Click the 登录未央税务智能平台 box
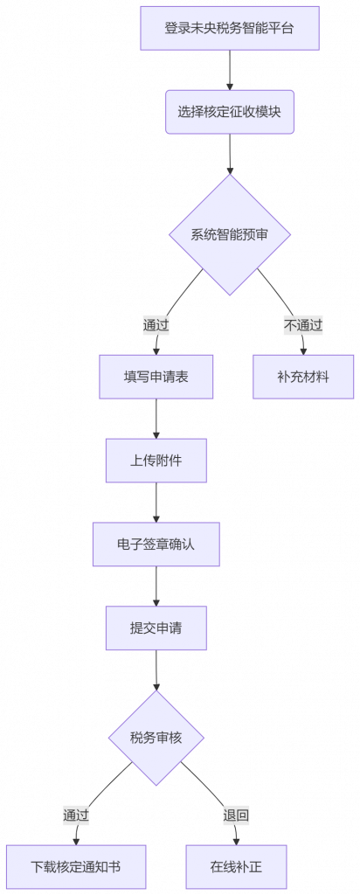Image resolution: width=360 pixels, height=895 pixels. (230, 28)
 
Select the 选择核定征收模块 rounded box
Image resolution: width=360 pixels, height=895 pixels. (230, 112)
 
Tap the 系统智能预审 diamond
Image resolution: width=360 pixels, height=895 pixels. (230, 234)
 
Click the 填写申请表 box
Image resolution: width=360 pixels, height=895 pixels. (156, 377)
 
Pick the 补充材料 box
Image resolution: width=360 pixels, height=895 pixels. (303, 377)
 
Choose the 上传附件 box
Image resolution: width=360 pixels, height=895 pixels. (156, 461)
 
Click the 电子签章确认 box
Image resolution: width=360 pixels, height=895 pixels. (156, 544)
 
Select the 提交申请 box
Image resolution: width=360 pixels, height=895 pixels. (156, 628)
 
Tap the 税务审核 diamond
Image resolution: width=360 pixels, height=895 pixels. (156, 738)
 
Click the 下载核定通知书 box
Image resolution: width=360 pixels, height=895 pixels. (76, 867)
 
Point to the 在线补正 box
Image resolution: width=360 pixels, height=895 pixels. (236, 867)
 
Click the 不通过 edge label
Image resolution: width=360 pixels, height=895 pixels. (303, 326)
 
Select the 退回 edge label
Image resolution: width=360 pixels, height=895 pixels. (236, 815)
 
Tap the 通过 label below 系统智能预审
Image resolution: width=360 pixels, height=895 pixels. (156, 326)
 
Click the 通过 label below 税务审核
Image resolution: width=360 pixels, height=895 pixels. (76, 815)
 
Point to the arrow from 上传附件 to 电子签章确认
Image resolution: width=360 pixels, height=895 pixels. (156, 503)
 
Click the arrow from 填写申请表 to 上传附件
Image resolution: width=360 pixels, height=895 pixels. (156, 419)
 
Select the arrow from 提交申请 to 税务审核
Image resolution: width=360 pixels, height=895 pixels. (156, 670)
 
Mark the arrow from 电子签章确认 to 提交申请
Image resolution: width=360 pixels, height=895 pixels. (156, 586)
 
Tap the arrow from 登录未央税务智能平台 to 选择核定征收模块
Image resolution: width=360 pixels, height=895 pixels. (230, 70)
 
